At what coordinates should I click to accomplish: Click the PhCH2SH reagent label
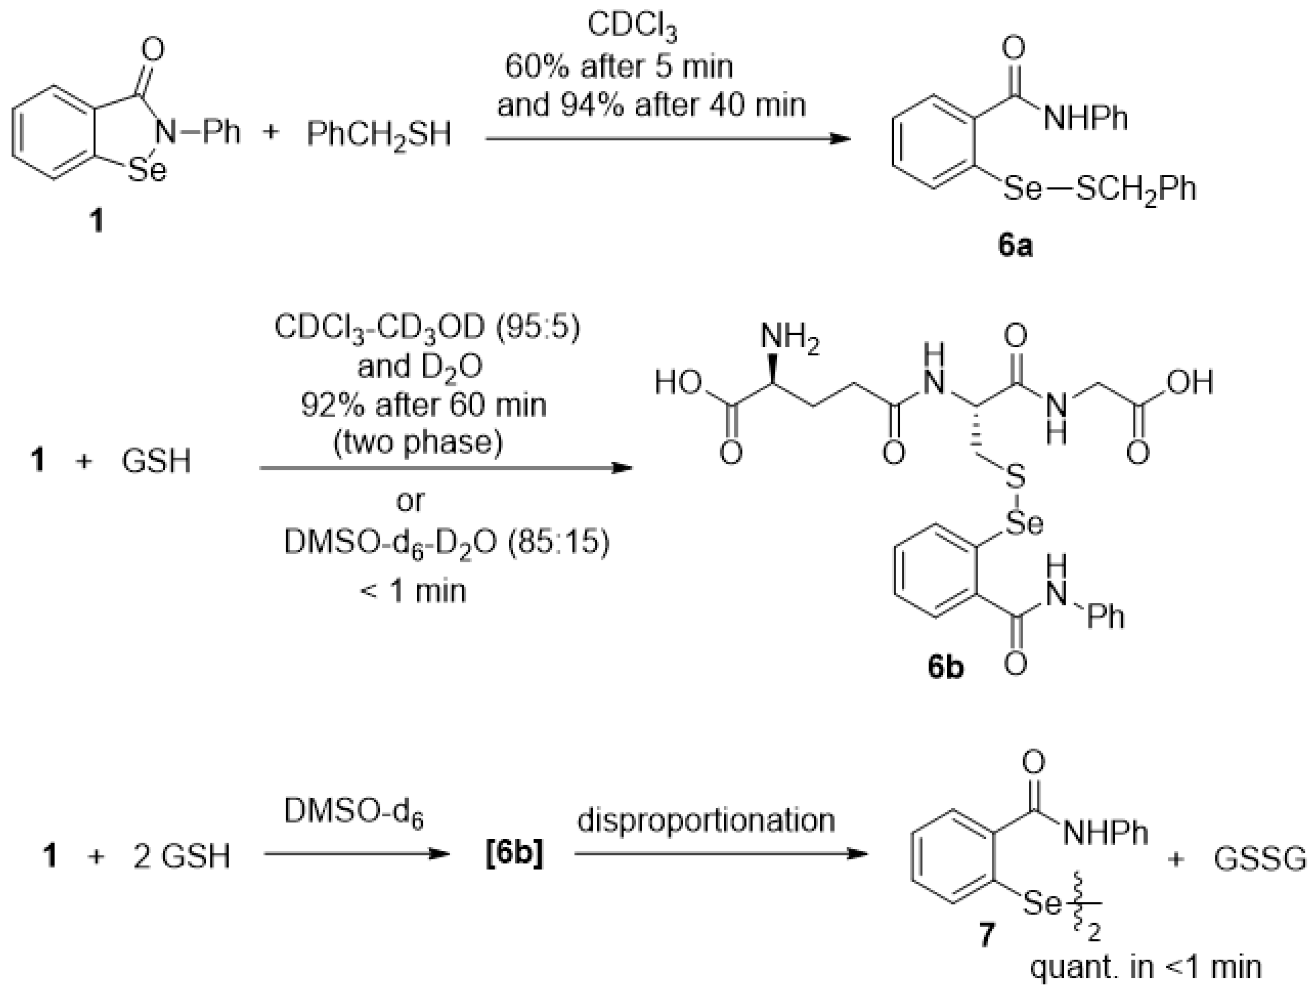[379, 135]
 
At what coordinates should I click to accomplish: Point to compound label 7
[986, 936]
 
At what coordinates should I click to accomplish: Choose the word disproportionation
[706, 822]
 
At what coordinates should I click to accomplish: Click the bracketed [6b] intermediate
[514, 856]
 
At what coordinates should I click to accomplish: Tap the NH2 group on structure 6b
[790, 339]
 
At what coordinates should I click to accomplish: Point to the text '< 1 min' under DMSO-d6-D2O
[413, 591]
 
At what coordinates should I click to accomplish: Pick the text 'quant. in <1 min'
[1145, 968]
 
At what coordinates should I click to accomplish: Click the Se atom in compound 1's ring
[148, 171]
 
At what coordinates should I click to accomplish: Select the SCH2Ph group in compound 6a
[1135, 190]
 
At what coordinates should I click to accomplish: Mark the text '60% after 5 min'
[619, 67]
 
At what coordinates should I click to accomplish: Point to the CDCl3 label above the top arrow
[632, 27]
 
